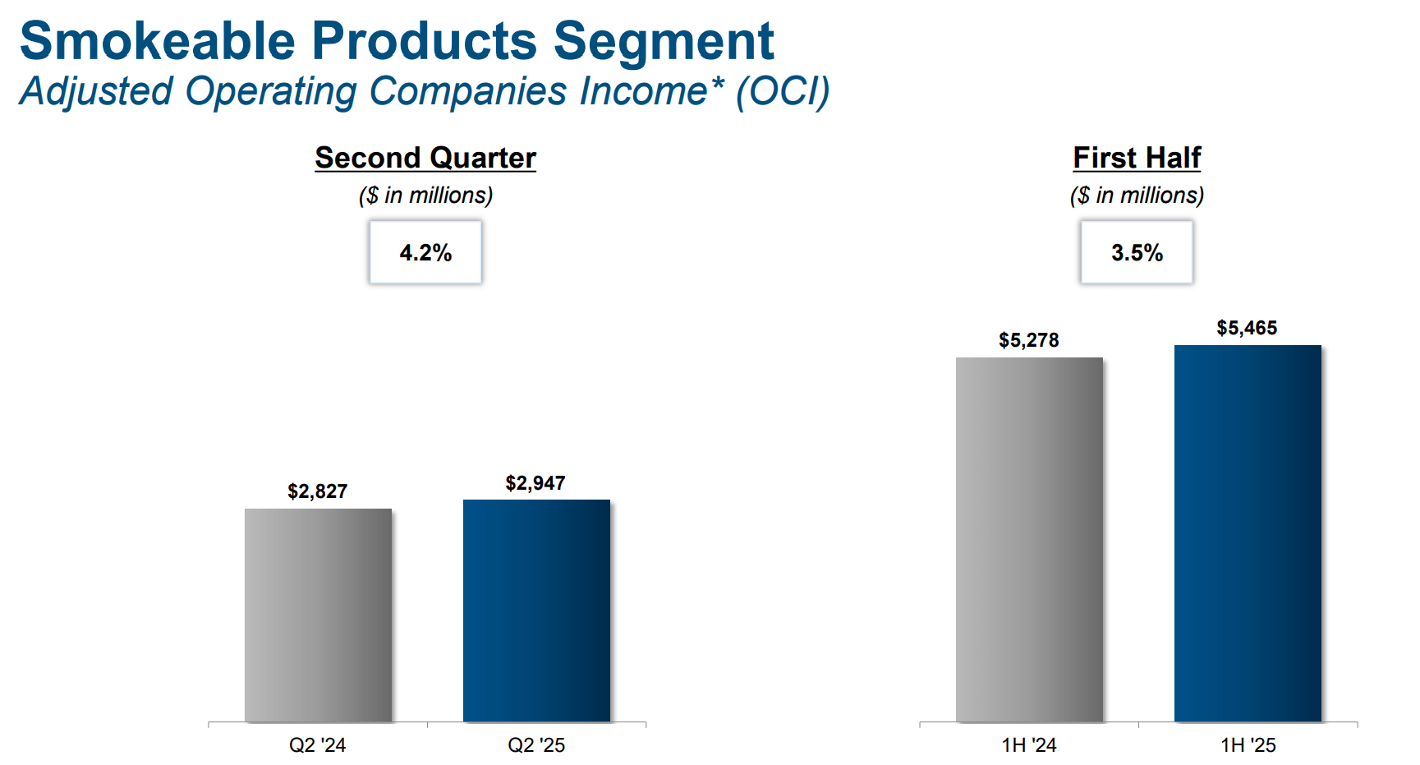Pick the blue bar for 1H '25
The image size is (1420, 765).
click(1248, 533)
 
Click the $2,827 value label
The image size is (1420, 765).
click(318, 491)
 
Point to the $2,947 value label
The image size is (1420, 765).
click(535, 483)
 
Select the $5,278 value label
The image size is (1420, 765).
click(1028, 340)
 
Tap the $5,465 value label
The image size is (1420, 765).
click(1247, 328)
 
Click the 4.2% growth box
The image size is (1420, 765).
click(425, 252)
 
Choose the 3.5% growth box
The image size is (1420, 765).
click(1137, 252)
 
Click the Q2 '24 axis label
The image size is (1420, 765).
click(317, 745)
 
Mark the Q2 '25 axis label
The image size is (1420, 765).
click(536, 745)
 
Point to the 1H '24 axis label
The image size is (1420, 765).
click(1028, 745)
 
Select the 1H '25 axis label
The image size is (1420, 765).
click(1248, 745)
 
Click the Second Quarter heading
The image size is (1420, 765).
click(425, 158)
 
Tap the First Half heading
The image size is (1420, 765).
click(1137, 158)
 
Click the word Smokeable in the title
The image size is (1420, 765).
click(157, 41)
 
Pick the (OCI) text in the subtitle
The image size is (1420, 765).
click(783, 91)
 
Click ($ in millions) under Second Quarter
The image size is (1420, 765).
click(425, 196)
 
